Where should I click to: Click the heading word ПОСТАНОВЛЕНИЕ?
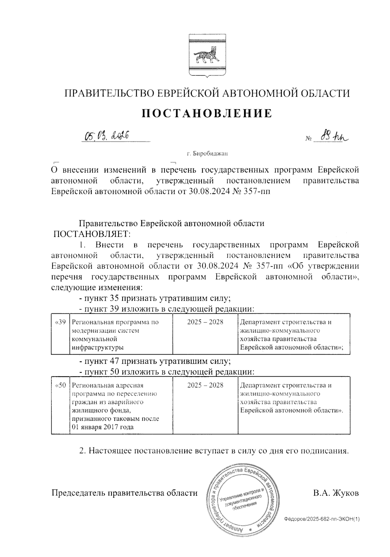coord(206,113)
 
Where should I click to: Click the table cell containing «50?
coord(61,406)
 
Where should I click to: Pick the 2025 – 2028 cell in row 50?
coord(205,406)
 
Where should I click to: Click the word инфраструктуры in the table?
coord(97,347)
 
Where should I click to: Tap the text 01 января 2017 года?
coord(102,427)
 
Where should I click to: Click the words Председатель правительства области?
coord(124,493)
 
